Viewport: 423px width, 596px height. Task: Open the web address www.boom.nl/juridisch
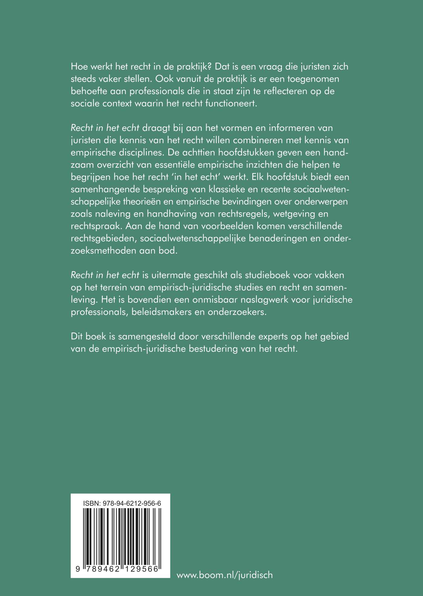point(224,575)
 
